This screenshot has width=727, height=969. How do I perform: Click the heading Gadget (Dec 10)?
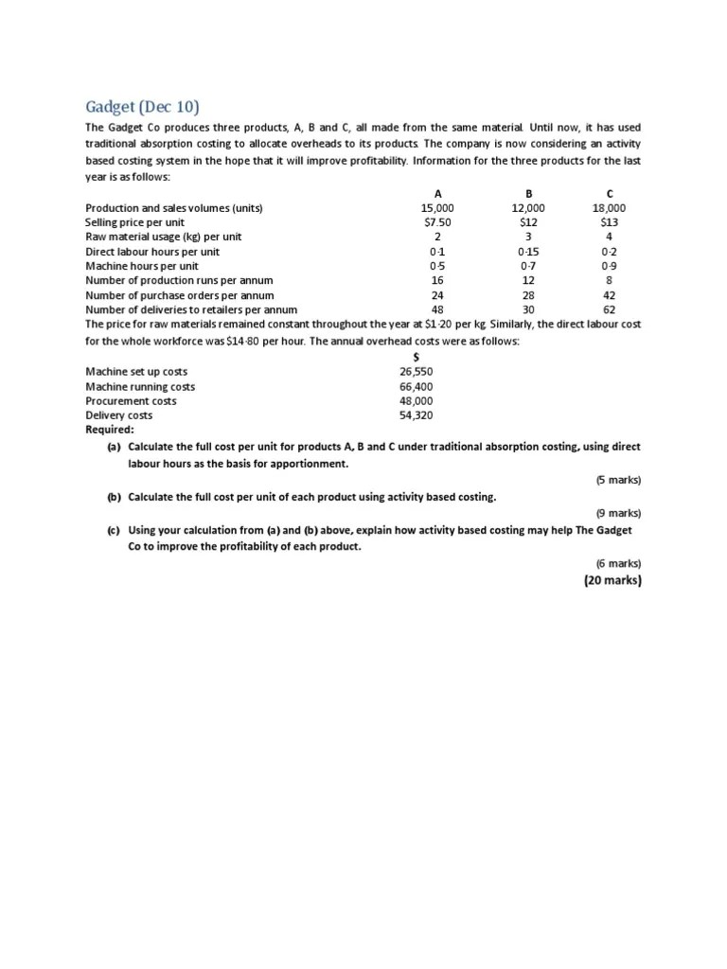tap(143, 106)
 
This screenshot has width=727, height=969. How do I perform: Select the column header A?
tap(437, 193)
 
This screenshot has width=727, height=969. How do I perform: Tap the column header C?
tap(610, 193)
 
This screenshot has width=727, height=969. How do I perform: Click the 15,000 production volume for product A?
tap(437, 207)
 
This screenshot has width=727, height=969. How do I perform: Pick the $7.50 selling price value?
tap(437, 222)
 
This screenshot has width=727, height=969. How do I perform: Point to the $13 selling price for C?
tap(610, 222)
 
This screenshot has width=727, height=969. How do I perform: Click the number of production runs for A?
tap(437, 280)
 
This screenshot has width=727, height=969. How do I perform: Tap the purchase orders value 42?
tap(610, 295)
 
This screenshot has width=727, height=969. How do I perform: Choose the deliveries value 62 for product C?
tap(610, 309)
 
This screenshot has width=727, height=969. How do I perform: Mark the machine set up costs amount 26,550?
tap(417, 372)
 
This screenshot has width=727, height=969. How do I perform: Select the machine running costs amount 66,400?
tap(417, 386)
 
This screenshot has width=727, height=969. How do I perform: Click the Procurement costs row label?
tap(131, 400)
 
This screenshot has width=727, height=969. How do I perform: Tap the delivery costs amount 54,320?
tap(417, 415)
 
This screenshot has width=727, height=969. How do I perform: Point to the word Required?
tap(110, 429)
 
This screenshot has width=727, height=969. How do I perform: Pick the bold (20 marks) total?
tap(612, 580)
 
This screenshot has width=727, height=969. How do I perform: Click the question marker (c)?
tap(114, 531)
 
